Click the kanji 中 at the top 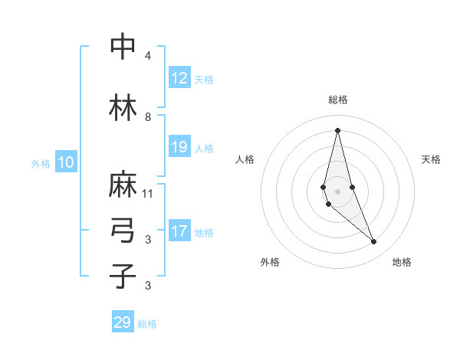coord(123,47)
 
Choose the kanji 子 coord(123,276)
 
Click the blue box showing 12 coord(179,78)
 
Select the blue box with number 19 coord(179,147)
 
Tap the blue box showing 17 coord(179,231)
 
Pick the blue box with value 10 coord(66,162)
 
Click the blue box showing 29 coord(123,322)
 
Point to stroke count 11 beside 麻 coord(148,193)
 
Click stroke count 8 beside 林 coord(148,117)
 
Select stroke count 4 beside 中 coord(148,56)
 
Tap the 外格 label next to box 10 coord(41,163)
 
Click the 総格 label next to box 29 coord(148,324)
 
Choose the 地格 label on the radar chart coord(402,262)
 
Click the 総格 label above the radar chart coord(337,100)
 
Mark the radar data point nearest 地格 coord(374,242)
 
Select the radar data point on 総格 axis coord(337,129)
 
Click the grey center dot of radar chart coord(337,191)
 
